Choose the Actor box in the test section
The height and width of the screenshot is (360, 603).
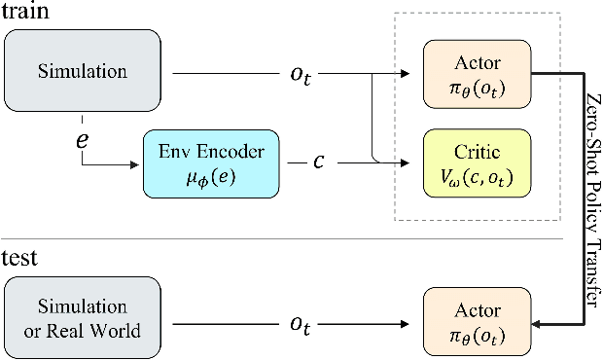point(477,320)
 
